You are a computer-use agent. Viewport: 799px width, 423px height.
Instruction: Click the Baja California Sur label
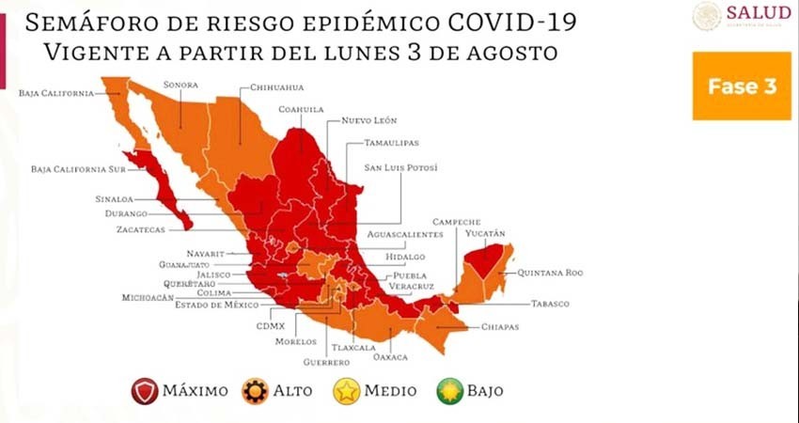[x=63, y=169]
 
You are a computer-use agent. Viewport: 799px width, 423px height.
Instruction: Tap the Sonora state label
[x=180, y=84]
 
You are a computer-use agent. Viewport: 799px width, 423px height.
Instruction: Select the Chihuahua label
[x=275, y=88]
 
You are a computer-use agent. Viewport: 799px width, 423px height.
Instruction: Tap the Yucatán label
[x=485, y=232]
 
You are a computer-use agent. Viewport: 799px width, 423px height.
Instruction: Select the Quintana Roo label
[x=550, y=273]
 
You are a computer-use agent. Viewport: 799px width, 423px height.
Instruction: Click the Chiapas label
[x=499, y=326]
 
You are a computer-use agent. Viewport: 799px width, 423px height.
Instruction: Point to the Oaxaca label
[x=391, y=356]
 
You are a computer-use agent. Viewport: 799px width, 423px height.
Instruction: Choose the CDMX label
[x=270, y=326]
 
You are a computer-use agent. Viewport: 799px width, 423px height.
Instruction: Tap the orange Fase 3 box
[x=743, y=86]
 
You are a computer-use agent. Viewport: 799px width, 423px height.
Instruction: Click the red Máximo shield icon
[x=145, y=391]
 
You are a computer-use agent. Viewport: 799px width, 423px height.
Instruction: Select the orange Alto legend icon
[x=254, y=391]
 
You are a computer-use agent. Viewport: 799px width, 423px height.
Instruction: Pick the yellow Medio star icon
[x=347, y=391]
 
